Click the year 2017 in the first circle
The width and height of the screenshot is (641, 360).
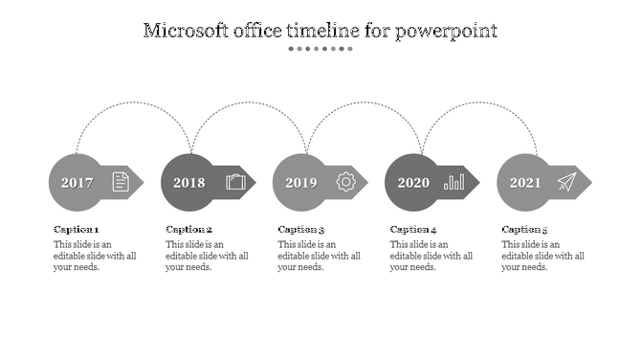click(x=77, y=183)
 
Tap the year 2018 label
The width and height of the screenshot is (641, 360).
click(x=188, y=183)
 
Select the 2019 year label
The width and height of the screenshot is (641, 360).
click(x=300, y=183)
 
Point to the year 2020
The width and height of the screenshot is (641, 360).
click(x=413, y=183)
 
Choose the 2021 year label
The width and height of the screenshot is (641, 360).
click(x=525, y=183)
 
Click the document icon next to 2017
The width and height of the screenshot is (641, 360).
click(x=121, y=181)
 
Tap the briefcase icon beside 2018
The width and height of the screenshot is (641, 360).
click(x=235, y=181)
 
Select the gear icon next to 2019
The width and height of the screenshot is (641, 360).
click(x=345, y=181)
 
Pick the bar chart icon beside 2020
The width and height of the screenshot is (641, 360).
click(x=454, y=181)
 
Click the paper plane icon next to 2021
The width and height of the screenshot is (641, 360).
click(x=567, y=181)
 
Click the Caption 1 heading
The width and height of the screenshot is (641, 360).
click(x=76, y=230)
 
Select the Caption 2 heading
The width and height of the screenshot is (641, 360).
click(x=188, y=230)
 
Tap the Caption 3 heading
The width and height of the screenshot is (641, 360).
click(x=301, y=230)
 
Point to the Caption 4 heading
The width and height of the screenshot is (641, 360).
click(x=413, y=230)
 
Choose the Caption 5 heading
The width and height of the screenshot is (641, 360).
click(x=525, y=230)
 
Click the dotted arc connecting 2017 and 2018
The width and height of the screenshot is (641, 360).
click(x=134, y=103)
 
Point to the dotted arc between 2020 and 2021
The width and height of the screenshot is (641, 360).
click(x=478, y=103)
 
